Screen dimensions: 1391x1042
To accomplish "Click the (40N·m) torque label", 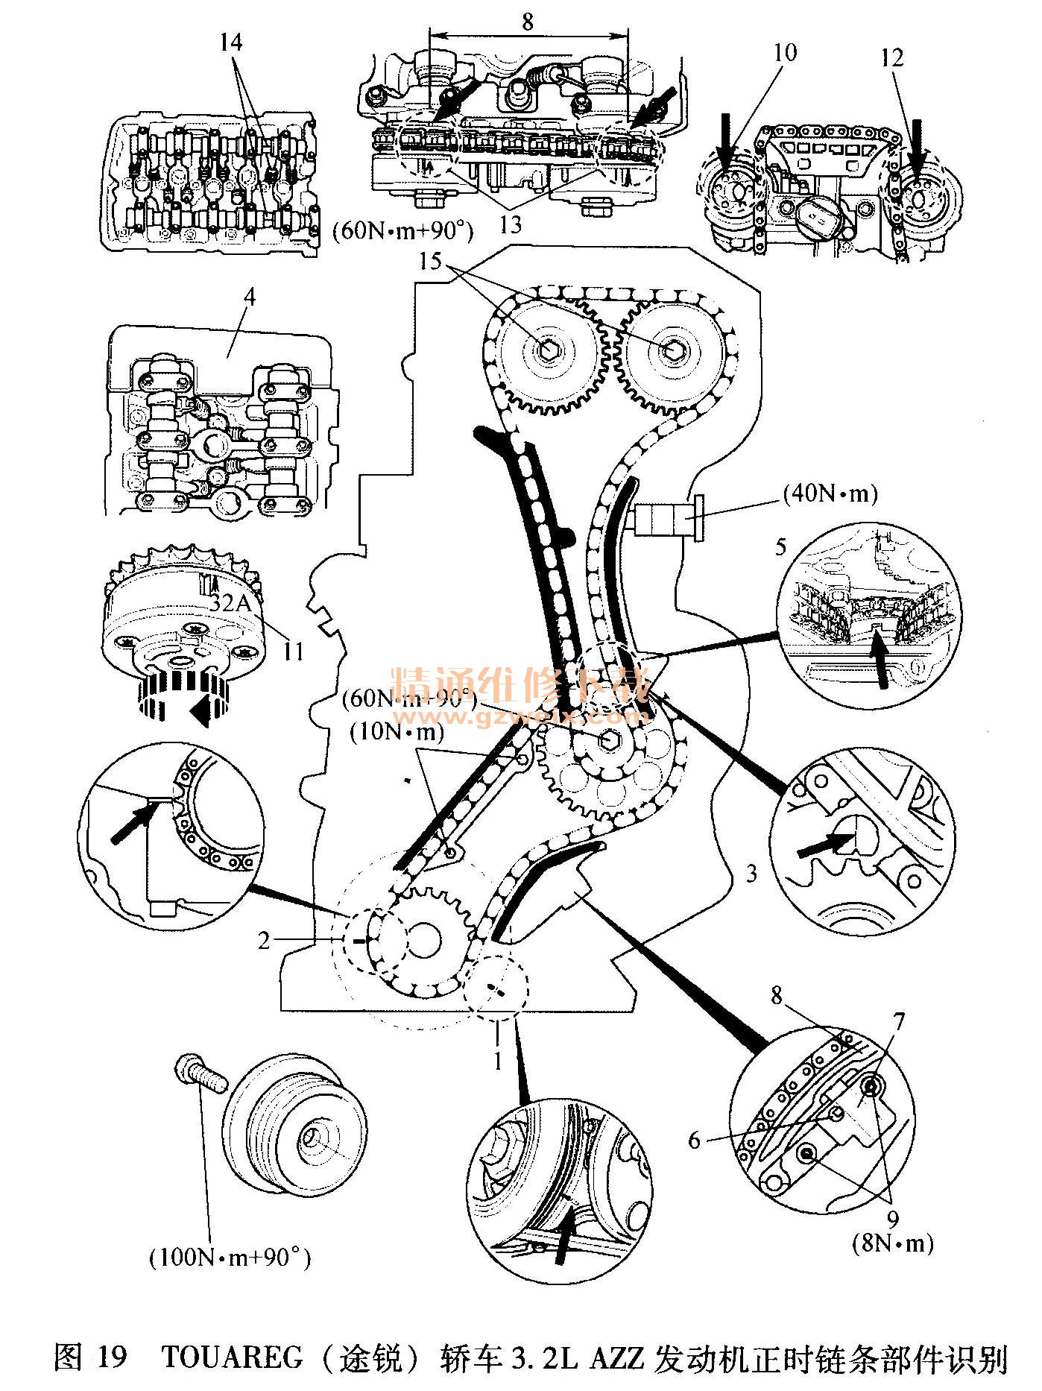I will [x=830, y=493].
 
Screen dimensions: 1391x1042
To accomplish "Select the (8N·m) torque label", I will [x=893, y=1242].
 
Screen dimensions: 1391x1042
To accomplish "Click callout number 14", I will [x=231, y=42].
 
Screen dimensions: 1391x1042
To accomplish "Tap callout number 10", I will [x=784, y=52].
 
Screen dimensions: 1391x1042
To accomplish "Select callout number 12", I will [x=892, y=57].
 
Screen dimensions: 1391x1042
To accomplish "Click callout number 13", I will [x=511, y=224].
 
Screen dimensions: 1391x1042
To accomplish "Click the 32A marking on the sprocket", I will [x=231, y=604].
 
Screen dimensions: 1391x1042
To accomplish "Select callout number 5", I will [x=780, y=546].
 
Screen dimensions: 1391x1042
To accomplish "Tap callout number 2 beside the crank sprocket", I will [x=263, y=940].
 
